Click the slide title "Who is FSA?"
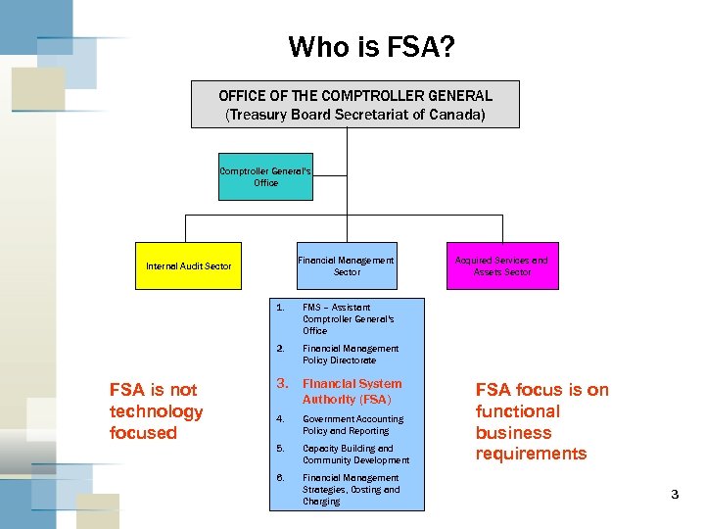(371, 46)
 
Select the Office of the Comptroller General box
(354, 105)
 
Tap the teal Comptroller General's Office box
(265, 176)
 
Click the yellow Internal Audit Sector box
(189, 265)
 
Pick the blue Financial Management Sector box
(347, 265)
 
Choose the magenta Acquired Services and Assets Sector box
(502, 265)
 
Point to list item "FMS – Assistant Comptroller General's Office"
(349, 318)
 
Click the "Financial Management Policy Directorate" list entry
(351, 354)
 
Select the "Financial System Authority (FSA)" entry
(352, 391)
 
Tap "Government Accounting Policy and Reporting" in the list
(352, 424)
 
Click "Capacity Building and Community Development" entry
(355, 454)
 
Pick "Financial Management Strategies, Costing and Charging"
(351, 489)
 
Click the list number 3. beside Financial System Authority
(281, 384)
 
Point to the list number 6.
(280, 478)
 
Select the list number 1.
(280, 308)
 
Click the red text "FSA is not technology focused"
(156, 411)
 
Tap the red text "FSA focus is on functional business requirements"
(541, 421)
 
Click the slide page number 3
(674, 495)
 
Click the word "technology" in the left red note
(156, 411)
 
